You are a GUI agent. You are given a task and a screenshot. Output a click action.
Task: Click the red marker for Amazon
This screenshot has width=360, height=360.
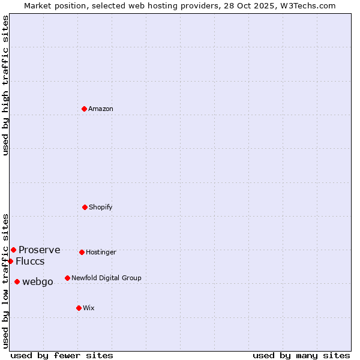pyautogui.click(x=84, y=109)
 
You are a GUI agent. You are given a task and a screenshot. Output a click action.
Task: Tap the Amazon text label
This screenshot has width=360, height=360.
pyautogui.click(x=101, y=109)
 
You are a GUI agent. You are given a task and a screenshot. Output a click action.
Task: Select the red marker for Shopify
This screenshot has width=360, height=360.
pyautogui.click(x=85, y=207)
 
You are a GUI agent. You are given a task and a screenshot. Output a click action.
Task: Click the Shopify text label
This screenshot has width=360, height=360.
pyautogui.click(x=101, y=208)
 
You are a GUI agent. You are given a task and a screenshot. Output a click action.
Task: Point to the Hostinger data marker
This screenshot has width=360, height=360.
pyautogui.click(x=82, y=252)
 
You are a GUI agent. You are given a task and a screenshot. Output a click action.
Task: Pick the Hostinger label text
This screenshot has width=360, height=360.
pyautogui.click(x=101, y=253)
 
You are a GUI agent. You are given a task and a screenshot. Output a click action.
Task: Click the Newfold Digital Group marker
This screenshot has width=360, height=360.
pyautogui.click(x=67, y=278)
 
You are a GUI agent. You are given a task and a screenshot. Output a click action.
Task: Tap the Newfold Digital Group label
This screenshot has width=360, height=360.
pyautogui.click(x=106, y=278)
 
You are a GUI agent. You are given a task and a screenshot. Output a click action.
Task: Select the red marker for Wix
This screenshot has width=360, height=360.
pyautogui.click(x=79, y=308)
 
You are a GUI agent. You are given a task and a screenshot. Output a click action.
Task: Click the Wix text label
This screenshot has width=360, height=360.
pyautogui.click(x=89, y=308)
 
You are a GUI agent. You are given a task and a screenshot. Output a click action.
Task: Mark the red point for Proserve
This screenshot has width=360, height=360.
pyautogui.click(x=13, y=250)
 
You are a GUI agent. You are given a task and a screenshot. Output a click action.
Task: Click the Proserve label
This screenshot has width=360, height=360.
pyautogui.click(x=40, y=250)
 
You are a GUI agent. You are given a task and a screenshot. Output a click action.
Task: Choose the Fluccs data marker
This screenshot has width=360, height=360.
pyautogui.click(x=10, y=261)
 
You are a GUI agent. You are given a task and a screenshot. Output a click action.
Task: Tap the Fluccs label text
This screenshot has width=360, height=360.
pyautogui.click(x=30, y=262)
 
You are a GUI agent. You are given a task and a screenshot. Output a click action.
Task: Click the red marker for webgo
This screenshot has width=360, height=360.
pyautogui.click(x=17, y=281)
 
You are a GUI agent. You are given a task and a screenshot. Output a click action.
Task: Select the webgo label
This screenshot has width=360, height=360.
pyautogui.click(x=38, y=282)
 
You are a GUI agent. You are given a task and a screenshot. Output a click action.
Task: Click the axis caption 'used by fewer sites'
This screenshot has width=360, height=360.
pyautogui.click(x=62, y=356)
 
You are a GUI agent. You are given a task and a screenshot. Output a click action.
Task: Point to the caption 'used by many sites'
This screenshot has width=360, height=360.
pyautogui.click(x=301, y=356)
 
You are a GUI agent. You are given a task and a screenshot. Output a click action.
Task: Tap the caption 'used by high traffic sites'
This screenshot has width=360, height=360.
pyautogui.click(x=6, y=86)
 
